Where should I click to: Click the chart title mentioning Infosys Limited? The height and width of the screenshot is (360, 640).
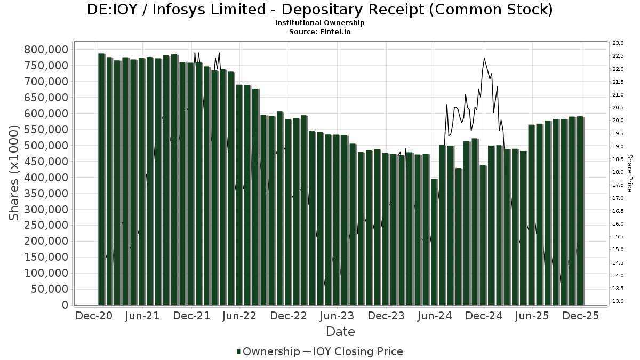point(319,10)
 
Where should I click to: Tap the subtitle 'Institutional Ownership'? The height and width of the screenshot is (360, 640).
point(319,23)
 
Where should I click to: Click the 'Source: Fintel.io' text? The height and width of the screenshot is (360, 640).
point(319,32)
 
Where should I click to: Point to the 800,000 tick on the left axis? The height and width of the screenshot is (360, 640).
point(46,50)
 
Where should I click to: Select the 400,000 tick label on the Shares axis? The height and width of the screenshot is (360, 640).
point(46,178)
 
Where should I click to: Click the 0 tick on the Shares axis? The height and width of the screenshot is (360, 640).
point(65,305)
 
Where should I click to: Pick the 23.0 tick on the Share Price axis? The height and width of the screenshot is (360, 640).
point(618,43)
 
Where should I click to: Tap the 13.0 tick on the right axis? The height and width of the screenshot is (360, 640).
point(618,301)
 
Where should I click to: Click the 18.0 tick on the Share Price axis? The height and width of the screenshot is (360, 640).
point(618,172)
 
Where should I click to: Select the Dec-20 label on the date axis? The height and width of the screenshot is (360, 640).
point(93,316)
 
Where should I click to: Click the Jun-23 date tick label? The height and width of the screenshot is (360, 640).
point(337,316)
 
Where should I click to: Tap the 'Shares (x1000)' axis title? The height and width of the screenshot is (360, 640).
point(15,173)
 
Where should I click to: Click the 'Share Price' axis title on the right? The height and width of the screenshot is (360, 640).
point(629,173)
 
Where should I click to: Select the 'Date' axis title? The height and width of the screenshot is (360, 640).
point(340,332)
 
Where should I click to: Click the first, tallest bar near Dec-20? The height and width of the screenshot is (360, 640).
point(101,179)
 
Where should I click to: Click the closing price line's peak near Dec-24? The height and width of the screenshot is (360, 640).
point(484,58)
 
